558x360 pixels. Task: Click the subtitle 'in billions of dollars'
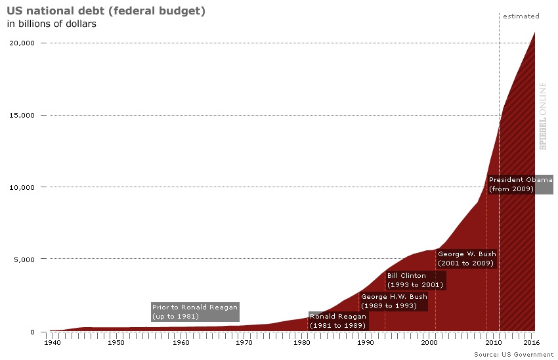click(x=52, y=24)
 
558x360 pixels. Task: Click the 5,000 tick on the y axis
click(x=24, y=259)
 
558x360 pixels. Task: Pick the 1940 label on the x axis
click(x=53, y=342)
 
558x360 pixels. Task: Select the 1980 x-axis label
click(x=301, y=342)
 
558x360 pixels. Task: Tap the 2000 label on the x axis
click(x=429, y=342)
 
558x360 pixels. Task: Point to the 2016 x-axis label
click(x=530, y=342)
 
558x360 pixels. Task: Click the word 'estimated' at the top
click(x=521, y=16)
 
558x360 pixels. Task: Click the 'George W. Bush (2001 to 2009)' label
click(x=467, y=258)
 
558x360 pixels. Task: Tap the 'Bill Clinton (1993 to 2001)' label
click(x=415, y=281)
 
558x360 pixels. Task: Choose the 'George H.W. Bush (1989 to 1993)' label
click(x=393, y=302)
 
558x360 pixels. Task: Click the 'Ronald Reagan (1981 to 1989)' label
click(x=338, y=321)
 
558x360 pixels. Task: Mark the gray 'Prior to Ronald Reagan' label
click(x=194, y=312)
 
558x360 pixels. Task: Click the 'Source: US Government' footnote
click(x=514, y=354)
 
